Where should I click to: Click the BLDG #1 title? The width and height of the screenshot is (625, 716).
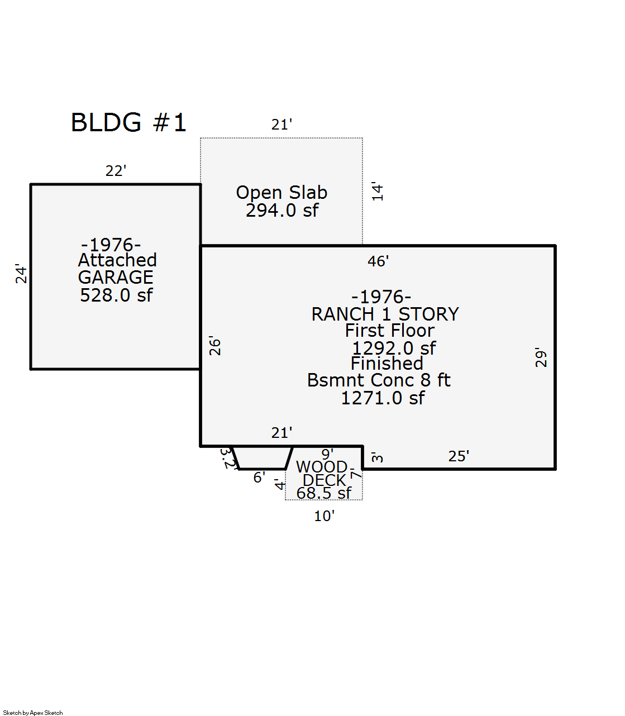point(128,123)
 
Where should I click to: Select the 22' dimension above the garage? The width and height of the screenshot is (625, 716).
point(116,171)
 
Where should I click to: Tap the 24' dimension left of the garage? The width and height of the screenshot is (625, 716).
point(21,274)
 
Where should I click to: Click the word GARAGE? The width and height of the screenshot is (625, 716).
point(116,278)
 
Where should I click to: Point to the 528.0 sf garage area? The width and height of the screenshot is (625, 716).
point(116,295)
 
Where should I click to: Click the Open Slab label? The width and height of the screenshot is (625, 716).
point(282,193)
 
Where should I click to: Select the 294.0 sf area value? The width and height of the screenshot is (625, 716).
point(282,211)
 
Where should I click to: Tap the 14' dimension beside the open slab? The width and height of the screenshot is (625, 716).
point(378,192)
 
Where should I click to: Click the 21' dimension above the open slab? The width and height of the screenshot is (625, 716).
point(282,125)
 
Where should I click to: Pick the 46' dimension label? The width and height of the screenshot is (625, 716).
point(378,261)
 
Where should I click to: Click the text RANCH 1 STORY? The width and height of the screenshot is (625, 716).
point(385,314)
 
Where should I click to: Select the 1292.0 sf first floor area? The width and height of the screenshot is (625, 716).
point(394,349)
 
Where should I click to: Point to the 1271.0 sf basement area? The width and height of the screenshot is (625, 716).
point(383,398)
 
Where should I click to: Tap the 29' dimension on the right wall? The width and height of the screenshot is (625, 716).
point(541,357)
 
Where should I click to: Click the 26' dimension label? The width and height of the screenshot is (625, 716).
point(215,346)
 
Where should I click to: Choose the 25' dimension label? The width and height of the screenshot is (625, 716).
point(459,456)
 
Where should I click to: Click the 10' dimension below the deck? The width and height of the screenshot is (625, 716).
point(324,516)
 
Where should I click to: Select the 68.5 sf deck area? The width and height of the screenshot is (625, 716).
point(324,494)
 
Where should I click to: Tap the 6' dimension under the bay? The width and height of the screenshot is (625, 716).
point(259,478)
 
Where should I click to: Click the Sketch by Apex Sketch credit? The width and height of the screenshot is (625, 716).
point(33,713)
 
